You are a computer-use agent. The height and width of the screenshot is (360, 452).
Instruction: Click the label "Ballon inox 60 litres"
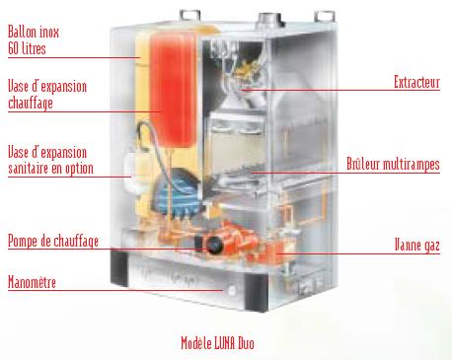click(x=34, y=40)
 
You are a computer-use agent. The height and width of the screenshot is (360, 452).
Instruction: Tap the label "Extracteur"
click(x=416, y=82)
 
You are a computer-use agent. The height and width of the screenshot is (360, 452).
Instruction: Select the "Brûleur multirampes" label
click(x=393, y=164)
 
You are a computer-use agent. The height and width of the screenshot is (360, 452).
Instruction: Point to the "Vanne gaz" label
click(x=417, y=246)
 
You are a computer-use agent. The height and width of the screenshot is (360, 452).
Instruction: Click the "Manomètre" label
click(x=32, y=282)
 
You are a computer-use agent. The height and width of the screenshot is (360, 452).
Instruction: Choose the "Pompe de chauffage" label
click(x=53, y=241)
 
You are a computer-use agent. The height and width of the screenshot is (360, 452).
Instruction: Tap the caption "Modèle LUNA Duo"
click(x=217, y=343)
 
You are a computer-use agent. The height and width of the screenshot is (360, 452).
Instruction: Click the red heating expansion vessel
click(x=172, y=89)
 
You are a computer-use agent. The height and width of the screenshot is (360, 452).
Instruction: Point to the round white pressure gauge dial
click(x=232, y=290)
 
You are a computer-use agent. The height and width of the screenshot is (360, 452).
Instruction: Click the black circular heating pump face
click(x=214, y=245)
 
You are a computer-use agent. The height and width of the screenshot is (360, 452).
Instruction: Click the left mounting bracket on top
click(x=189, y=16)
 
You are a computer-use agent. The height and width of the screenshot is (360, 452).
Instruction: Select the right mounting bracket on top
click(x=325, y=17)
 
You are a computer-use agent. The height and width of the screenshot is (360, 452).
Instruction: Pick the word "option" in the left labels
click(x=79, y=169)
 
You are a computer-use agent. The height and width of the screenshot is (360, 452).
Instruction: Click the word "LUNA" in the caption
click(x=225, y=343)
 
